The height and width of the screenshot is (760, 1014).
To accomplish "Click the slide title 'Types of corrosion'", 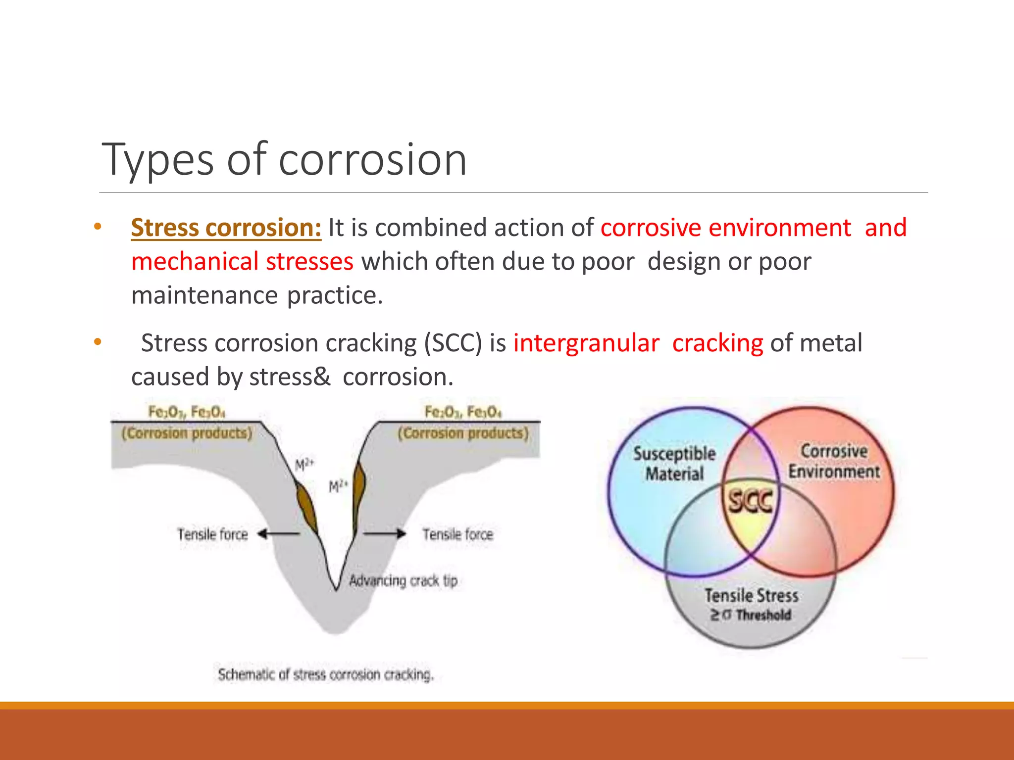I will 284,159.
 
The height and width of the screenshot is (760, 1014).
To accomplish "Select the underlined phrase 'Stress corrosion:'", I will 226,228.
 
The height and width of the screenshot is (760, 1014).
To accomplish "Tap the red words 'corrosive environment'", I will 725,228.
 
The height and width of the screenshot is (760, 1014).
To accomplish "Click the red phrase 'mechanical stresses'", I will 242,261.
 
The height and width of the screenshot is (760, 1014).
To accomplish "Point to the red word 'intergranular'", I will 586,343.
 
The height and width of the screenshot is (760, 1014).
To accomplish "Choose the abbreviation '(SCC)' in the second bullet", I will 453,343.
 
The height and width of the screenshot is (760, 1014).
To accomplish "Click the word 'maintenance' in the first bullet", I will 204,295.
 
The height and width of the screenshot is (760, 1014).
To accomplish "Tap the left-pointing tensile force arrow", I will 279,534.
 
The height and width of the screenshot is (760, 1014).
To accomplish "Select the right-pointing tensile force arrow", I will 385,534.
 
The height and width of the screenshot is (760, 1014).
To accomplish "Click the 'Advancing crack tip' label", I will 403,580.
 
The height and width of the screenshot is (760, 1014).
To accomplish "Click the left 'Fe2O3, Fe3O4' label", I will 187,412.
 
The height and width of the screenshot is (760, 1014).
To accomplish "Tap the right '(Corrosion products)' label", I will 463,433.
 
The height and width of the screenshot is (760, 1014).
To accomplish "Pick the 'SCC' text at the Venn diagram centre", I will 750,501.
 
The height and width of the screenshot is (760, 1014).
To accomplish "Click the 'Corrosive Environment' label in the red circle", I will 834,461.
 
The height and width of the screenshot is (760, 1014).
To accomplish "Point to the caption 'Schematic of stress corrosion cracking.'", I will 326,674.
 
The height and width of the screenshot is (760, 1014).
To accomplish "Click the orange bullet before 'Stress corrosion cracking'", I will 98,342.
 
